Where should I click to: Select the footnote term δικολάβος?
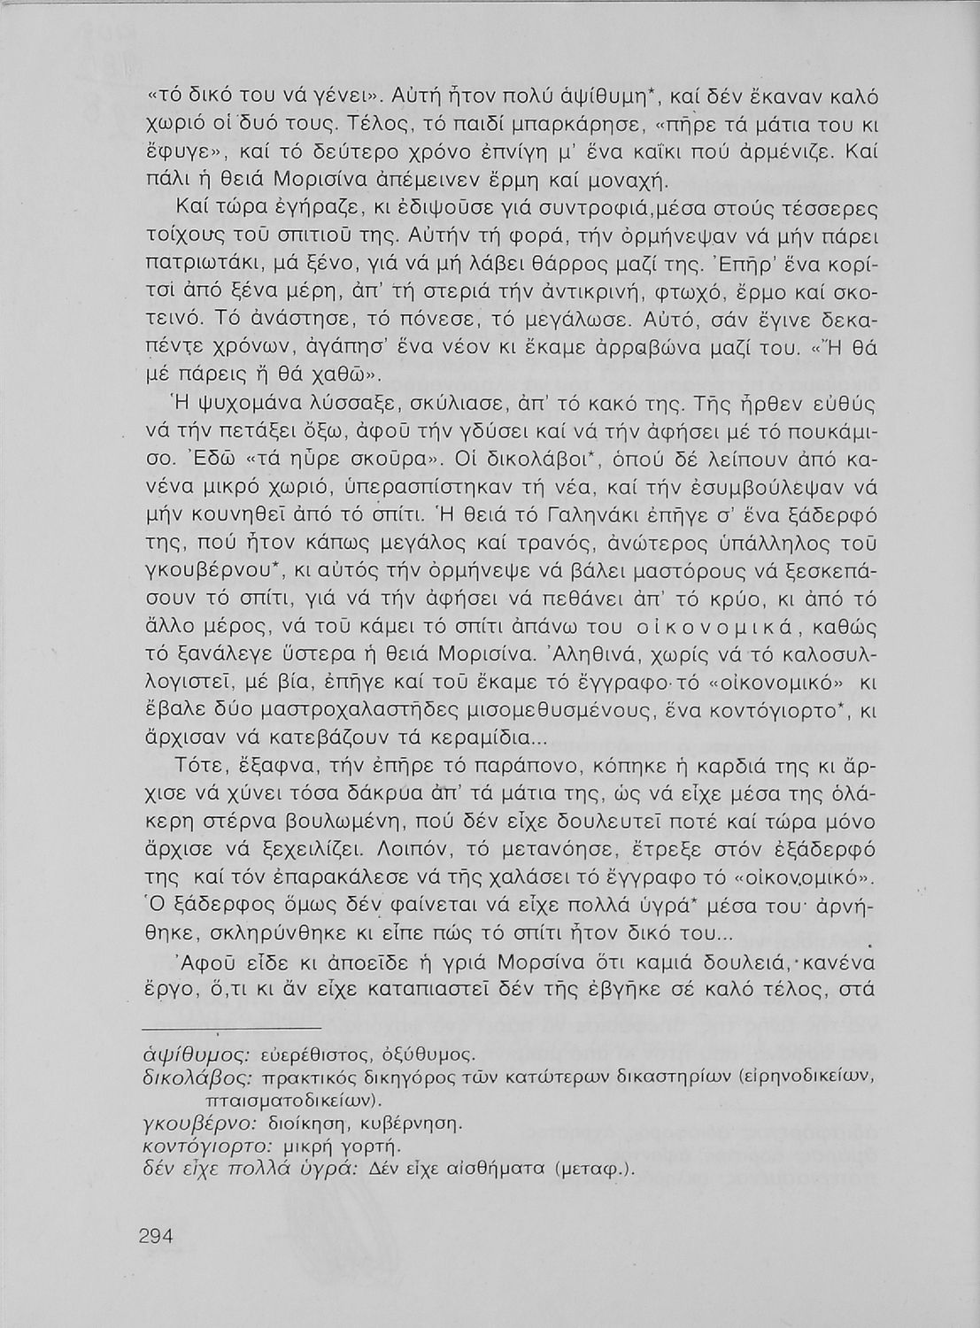tap(187, 1078)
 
